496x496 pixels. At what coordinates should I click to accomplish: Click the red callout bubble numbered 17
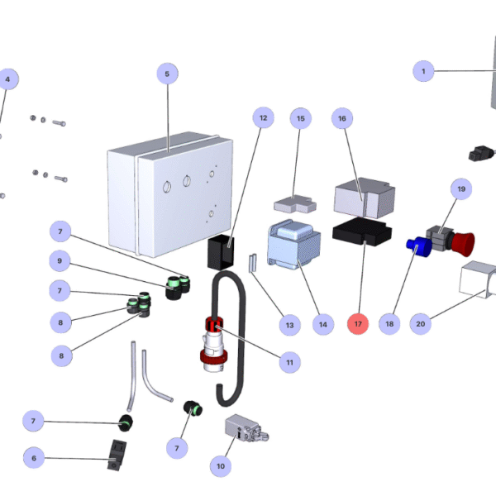[x=358, y=324]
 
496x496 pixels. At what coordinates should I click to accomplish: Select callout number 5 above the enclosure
[x=167, y=74]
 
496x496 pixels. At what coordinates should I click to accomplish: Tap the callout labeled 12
[x=264, y=118]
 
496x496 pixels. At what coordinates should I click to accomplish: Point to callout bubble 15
[x=300, y=118]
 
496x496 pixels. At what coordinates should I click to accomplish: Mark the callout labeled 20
[x=421, y=324]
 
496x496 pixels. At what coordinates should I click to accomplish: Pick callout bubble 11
[x=289, y=361]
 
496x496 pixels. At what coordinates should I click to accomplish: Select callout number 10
[x=220, y=466]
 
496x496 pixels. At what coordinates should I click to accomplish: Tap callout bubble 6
[x=34, y=457]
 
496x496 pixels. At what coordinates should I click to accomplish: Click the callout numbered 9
[x=60, y=260]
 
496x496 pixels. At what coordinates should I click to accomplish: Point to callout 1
[x=423, y=72]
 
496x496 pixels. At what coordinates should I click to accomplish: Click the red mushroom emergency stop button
[x=464, y=243]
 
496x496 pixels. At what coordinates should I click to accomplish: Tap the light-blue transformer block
[x=293, y=246]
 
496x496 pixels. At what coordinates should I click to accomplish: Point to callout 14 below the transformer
[x=322, y=324]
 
